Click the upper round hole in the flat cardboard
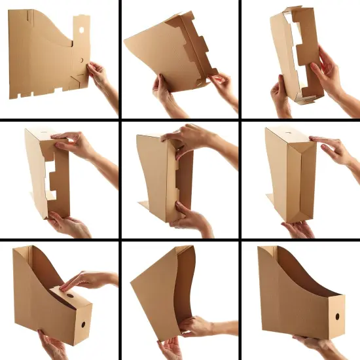pyautogui.click(x=81, y=30)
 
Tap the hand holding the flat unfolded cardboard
pyautogui.click(x=99, y=75)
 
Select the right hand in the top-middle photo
pyautogui.click(x=221, y=84)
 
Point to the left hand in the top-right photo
pyautogui.click(x=281, y=96)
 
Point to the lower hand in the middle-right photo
pyautogui.click(x=298, y=229)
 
